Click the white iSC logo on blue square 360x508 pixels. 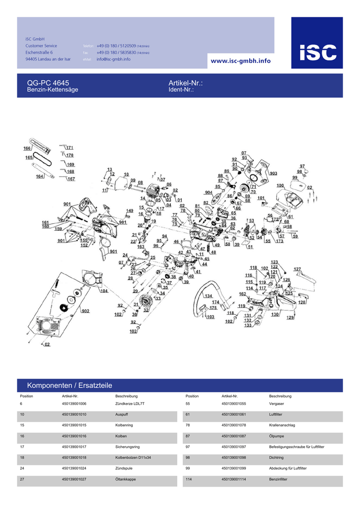click(x=317, y=51)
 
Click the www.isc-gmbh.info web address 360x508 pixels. click(x=241, y=61)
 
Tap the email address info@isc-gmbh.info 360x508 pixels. click(x=113, y=59)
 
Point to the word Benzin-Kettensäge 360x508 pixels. click(x=52, y=90)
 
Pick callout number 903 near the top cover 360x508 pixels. click(x=273, y=173)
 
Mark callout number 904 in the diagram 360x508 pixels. click(x=209, y=192)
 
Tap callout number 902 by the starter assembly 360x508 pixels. click(x=85, y=311)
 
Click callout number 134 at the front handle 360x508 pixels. click(x=209, y=296)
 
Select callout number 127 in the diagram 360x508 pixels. click(x=297, y=269)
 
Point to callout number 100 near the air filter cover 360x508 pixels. click(x=280, y=186)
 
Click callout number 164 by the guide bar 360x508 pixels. click(x=40, y=176)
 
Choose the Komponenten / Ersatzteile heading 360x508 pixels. click(x=70, y=385)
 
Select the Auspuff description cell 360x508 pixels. click(x=122, y=414)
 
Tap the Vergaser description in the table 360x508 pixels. click(x=277, y=404)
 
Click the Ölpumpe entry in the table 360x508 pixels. click(x=277, y=436)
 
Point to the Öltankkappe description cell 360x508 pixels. click(x=125, y=480)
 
